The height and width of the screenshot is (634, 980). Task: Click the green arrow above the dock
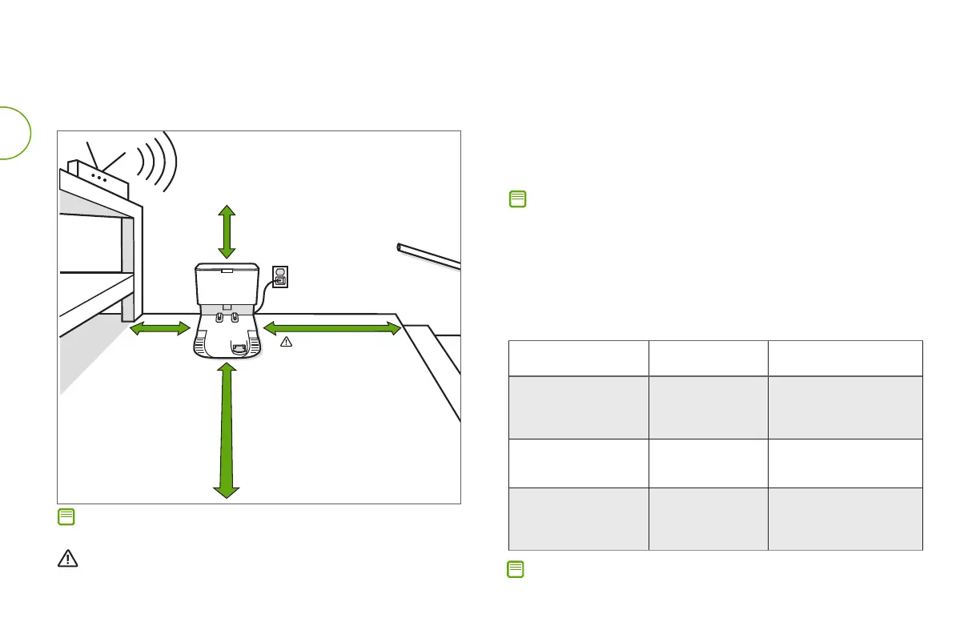[x=227, y=231]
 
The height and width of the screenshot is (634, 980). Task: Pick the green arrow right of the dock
[x=331, y=327]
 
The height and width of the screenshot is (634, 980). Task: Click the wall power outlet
[x=280, y=277]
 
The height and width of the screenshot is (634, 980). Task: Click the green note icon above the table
[x=517, y=199]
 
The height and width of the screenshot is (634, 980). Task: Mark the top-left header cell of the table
[x=578, y=358]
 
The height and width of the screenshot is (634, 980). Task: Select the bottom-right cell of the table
[x=845, y=519]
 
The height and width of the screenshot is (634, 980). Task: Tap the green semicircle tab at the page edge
[x=14, y=132]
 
